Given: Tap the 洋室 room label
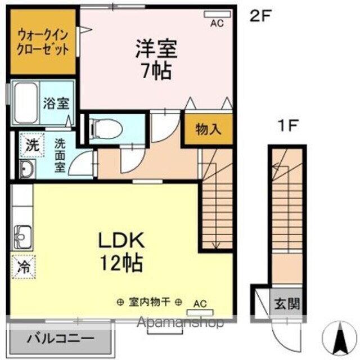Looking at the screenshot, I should click(156, 49).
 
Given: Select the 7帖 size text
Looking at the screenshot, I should click(156, 72).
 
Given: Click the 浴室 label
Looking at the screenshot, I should click(56, 103).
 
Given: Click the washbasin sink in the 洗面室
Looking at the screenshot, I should click(26, 167).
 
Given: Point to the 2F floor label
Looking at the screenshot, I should click(260, 16).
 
